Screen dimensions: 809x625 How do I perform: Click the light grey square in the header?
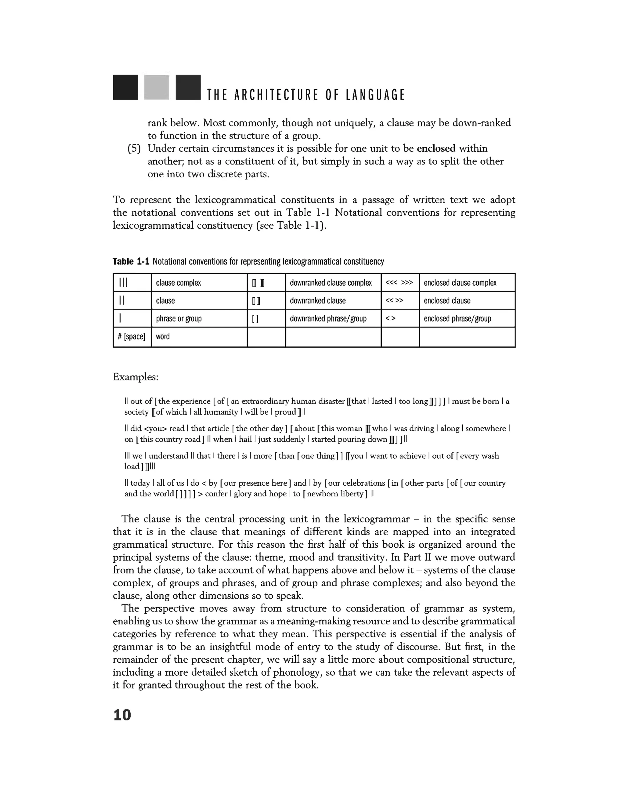tap(157, 87)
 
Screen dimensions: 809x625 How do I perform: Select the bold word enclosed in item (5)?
tap(436, 149)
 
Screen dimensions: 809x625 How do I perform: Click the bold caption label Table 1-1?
tap(131, 262)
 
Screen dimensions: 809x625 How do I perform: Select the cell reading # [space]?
tap(132, 337)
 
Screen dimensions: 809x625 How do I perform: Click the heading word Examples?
tap(135, 377)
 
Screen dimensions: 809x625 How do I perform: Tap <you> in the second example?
tap(155, 429)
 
